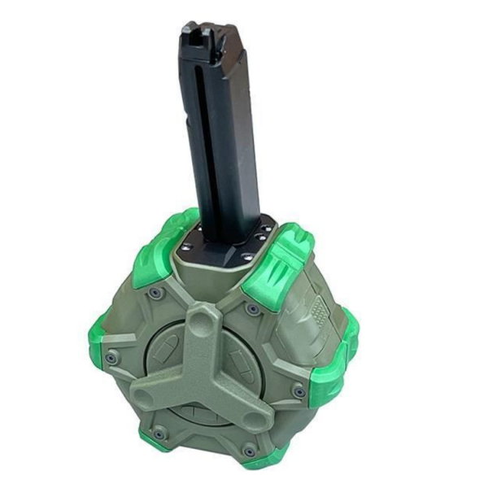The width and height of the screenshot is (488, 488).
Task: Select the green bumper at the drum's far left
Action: pos(101,342)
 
